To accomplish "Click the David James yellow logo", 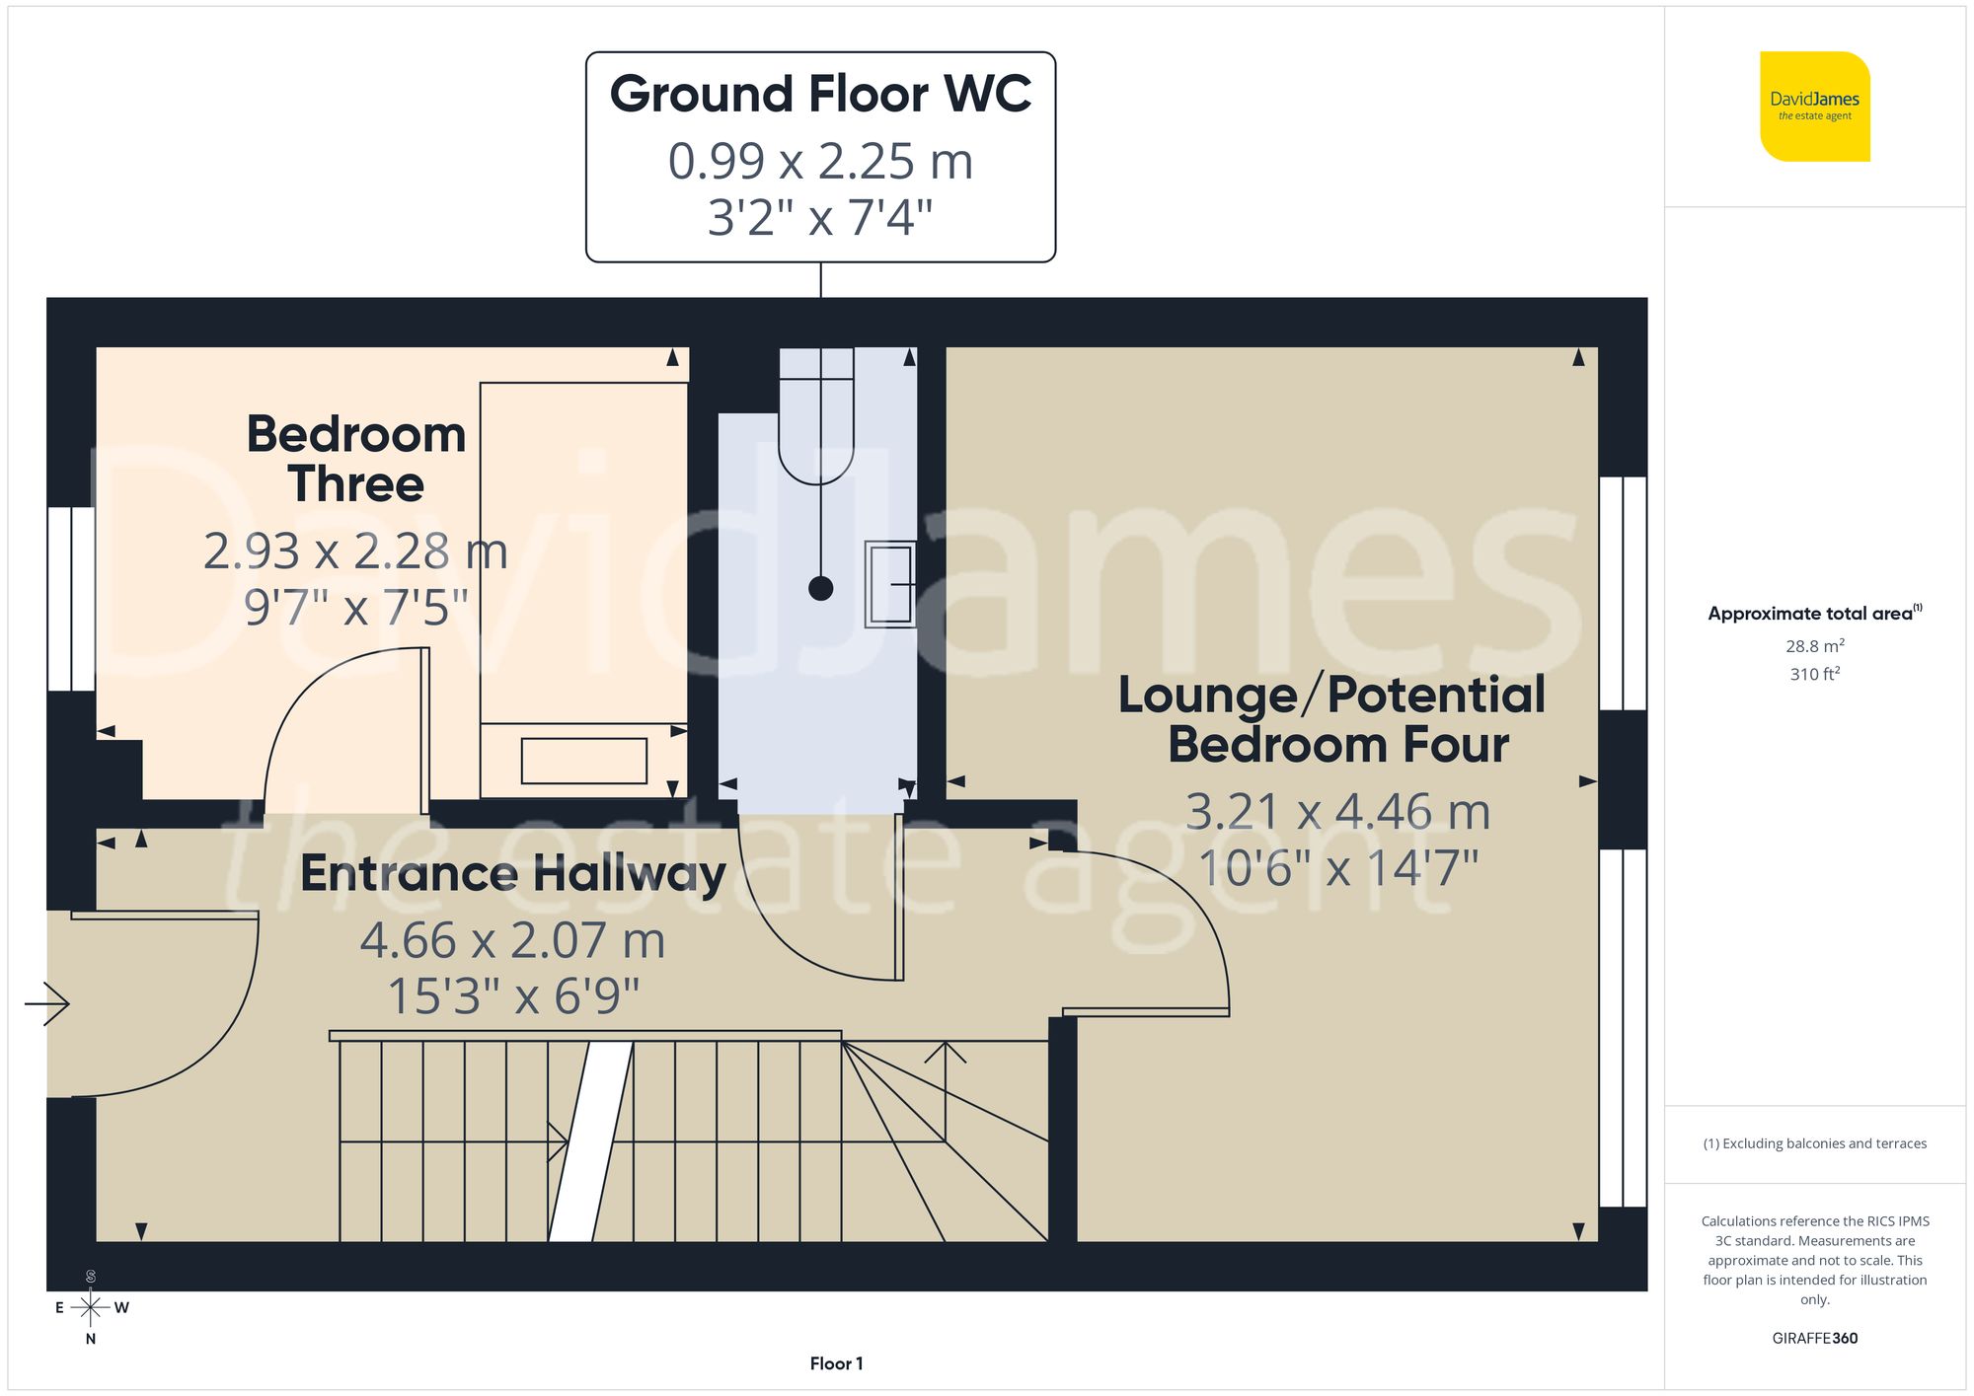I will (1814, 107).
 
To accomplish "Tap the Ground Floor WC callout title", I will (820, 95).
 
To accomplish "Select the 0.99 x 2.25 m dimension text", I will (820, 161).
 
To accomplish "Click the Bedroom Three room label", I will (356, 459).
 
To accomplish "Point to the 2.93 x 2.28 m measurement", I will (355, 551).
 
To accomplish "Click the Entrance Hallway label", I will (512, 873).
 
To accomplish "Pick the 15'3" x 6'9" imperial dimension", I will (513, 995).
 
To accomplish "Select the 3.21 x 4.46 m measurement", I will (1337, 812).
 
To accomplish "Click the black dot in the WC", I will (820, 588).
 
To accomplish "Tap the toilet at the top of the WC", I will (816, 419).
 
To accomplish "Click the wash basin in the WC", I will (889, 584).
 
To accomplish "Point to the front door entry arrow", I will (47, 1004).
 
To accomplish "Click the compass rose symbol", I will (91, 1308).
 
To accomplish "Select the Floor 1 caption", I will (836, 1363).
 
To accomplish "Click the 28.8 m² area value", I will (1814, 646).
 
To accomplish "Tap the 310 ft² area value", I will (1814, 674).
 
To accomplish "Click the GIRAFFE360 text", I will (1814, 1338).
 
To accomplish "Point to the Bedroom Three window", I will (71, 598).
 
